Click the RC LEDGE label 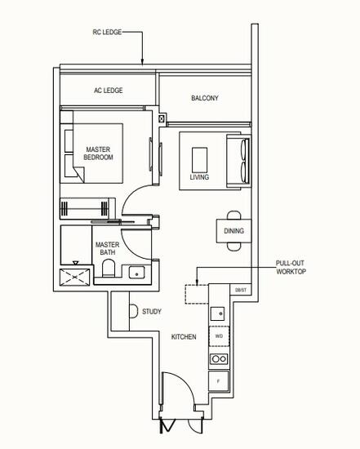coord(108,33)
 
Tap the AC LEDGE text coord(108,91)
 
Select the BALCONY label coord(204,99)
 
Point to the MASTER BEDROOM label coord(99,153)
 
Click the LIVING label coord(199,176)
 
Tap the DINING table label coord(233,231)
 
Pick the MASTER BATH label coord(107,248)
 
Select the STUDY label coord(152,311)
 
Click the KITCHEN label coord(183,336)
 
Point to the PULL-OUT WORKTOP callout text coord(291,267)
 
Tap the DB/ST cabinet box coord(240,290)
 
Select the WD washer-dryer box coord(219,336)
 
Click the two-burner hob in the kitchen coord(219,358)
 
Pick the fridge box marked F coord(219,381)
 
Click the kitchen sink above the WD coord(218,312)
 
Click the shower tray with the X coord(75,275)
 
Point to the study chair coord(133,311)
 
